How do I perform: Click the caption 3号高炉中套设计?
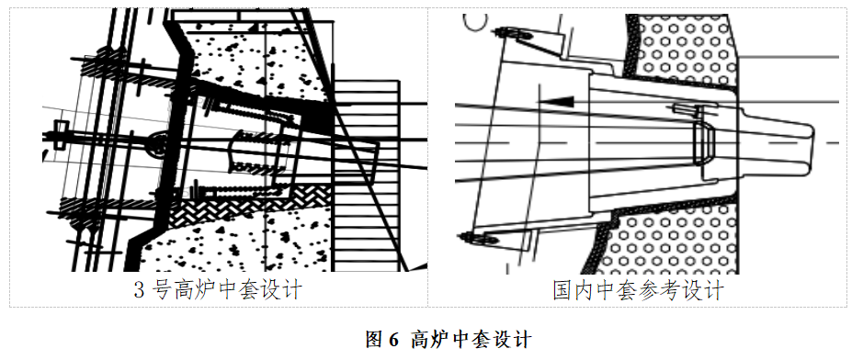218,291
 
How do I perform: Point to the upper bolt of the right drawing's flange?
507,34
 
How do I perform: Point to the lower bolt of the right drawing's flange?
480,239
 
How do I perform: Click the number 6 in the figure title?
393,338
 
